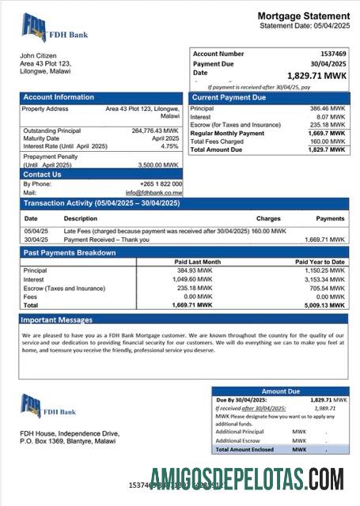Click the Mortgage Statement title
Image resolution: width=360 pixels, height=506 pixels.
(303, 16)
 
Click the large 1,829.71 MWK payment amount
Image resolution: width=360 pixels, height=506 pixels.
(316, 76)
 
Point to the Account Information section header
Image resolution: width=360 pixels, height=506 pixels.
(59, 97)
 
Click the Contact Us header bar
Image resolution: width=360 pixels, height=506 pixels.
(42, 174)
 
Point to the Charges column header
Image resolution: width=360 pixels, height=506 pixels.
(268, 218)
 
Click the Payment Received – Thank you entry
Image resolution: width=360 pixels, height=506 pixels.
(107, 239)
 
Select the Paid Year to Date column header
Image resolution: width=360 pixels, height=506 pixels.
(320, 262)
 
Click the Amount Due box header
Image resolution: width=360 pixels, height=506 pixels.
(279, 391)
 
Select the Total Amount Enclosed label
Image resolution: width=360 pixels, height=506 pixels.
(244, 449)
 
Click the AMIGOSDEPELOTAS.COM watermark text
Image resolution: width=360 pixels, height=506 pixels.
(246, 480)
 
